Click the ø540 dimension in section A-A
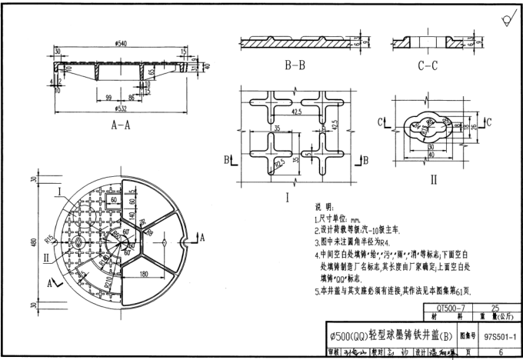(x=120, y=43)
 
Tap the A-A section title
(x=120, y=123)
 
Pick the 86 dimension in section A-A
(x=132, y=98)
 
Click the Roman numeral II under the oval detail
(x=433, y=179)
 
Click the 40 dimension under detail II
(x=433, y=155)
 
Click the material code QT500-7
(x=439, y=307)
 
